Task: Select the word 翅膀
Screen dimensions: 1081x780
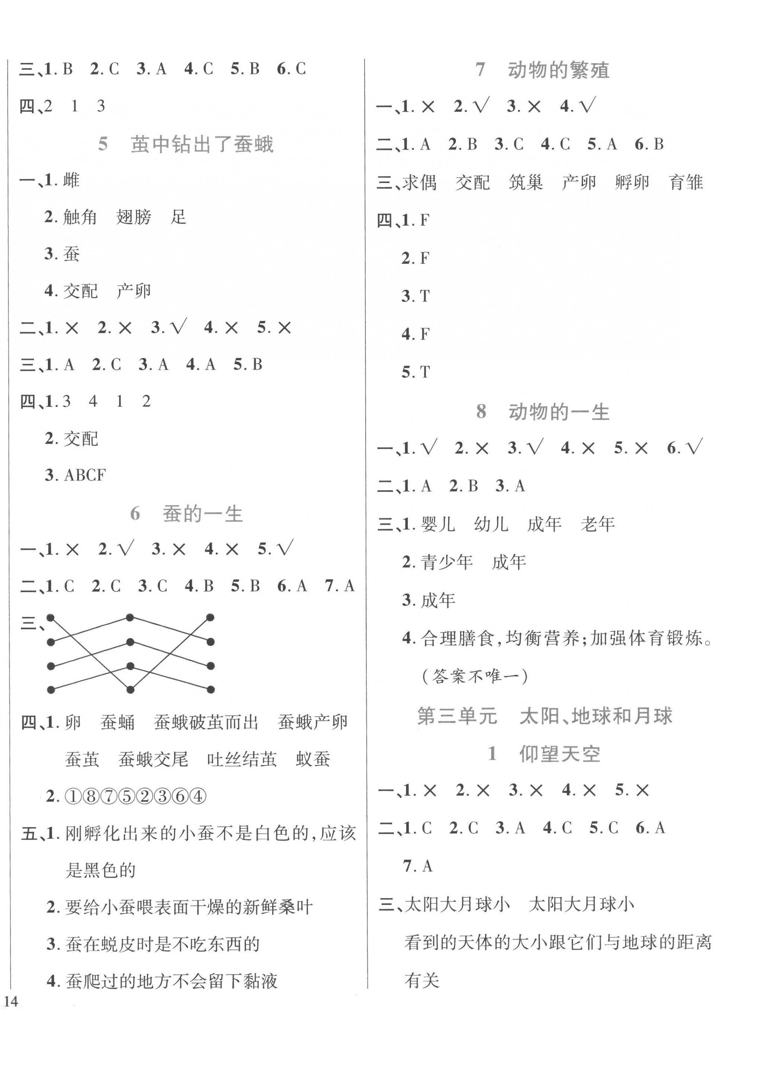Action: click(x=134, y=217)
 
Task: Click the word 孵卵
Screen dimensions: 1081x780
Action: click(x=632, y=183)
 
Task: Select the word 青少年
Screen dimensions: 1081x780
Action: click(x=447, y=562)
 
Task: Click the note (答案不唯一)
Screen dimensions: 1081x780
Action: click(x=475, y=676)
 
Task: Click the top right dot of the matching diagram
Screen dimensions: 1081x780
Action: click(x=210, y=618)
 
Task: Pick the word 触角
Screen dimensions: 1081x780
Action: click(x=80, y=217)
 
